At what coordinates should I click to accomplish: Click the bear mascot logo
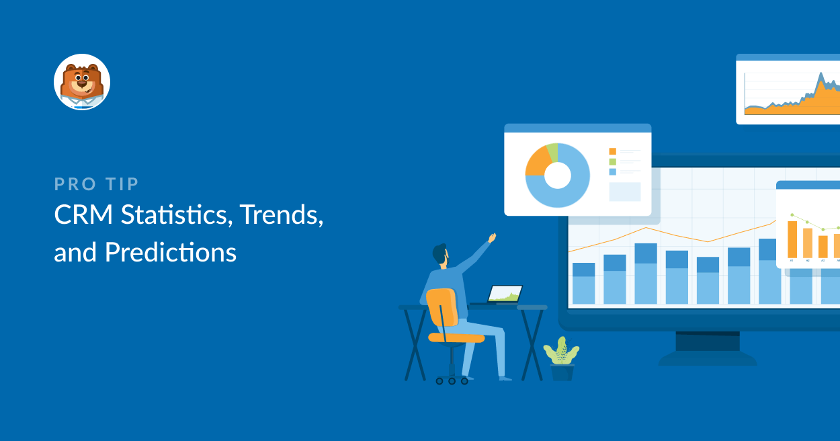pos(82,82)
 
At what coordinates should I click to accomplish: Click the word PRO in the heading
pos(75,184)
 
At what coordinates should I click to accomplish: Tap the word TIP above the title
pos(122,184)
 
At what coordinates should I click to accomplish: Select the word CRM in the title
pos(83,214)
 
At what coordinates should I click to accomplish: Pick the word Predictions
pos(171,252)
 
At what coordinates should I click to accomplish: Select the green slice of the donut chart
pos(553,151)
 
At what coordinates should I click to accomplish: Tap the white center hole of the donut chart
pos(558,175)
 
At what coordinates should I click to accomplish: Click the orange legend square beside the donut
pos(613,151)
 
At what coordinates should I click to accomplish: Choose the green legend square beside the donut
pos(613,161)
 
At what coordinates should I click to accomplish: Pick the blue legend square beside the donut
pos(613,171)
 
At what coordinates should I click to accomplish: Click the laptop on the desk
pos(501,294)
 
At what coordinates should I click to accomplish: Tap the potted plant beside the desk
pos(561,358)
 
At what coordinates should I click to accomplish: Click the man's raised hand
pos(492,237)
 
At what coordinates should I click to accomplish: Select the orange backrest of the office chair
pos(442,307)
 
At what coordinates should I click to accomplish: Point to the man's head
pos(441,254)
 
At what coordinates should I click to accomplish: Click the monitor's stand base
pos(708,358)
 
